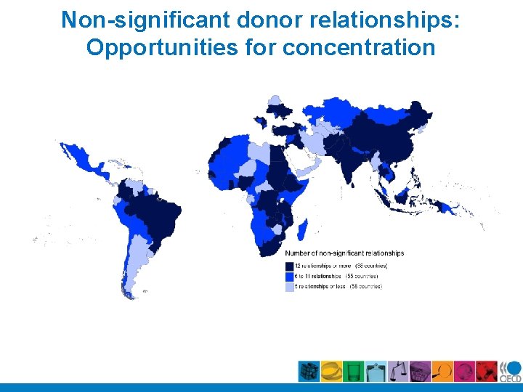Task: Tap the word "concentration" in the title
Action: (x=359, y=48)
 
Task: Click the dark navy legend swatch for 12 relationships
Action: (x=288, y=266)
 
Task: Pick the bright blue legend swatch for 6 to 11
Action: (x=288, y=277)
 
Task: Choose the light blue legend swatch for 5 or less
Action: (x=288, y=287)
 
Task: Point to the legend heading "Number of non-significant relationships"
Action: (x=344, y=253)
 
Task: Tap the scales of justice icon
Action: (x=398, y=371)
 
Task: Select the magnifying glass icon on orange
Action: (x=442, y=371)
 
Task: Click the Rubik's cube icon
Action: (x=309, y=371)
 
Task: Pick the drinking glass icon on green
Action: (x=353, y=371)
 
